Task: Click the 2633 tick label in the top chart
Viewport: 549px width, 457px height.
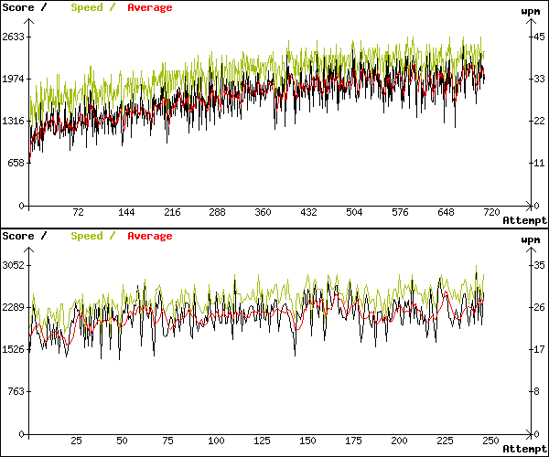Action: pyautogui.click(x=14, y=37)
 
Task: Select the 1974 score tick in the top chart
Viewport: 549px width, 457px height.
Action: pyautogui.click(x=14, y=80)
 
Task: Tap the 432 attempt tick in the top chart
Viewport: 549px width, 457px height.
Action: pyautogui.click(x=308, y=212)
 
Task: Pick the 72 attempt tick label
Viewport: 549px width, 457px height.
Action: pyautogui.click(x=78, y=212)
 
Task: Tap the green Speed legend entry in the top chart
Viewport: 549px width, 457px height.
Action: pyautogui.click(x=87, y=7)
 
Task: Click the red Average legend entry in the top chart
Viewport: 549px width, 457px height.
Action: pyautogui.click(x=149, y=7)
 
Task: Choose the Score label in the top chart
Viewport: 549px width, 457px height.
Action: pyautogui.click(x=17, y=7)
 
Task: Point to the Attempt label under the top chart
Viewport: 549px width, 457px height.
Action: pyautogui.click(x=524, y=220)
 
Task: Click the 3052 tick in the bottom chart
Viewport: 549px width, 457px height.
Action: pyautogui.click(x=14, y=265)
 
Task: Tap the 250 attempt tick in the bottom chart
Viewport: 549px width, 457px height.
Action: pyautogui.click(x=490, y=441)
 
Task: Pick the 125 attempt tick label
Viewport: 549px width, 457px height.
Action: pyautogui.click(x=260, y=441)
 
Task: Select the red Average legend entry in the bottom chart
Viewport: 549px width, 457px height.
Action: pyautogui.click(x=149, y=236)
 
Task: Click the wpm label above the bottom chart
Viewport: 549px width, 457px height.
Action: pyautogui.click(x=531, y=239)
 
